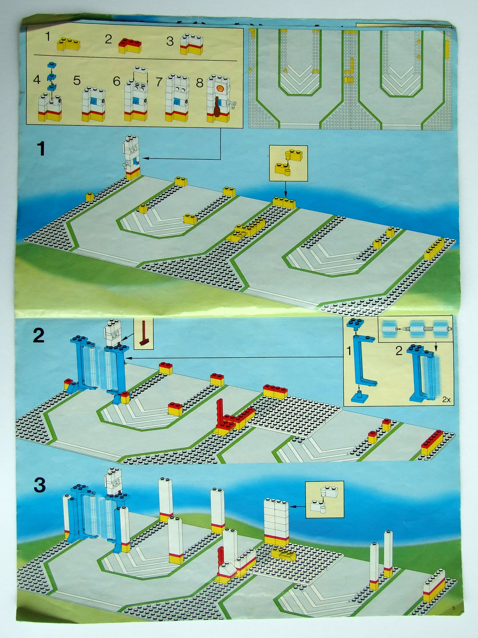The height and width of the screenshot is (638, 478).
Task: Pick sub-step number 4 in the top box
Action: click(37, 80)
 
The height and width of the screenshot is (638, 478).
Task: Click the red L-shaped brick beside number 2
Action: click(130, 46)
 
